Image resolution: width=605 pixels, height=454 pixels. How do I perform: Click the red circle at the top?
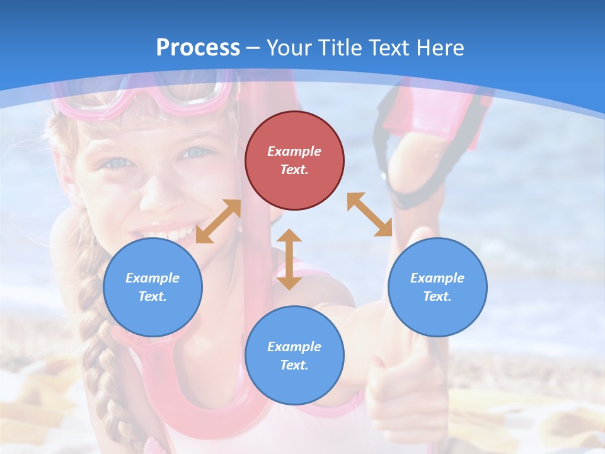[294, 160]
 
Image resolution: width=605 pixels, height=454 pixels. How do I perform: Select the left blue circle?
[153, 287]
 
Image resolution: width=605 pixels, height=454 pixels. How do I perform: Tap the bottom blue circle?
[294, 356]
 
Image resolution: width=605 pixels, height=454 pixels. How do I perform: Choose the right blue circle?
[437, 287]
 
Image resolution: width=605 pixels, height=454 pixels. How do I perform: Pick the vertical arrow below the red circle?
[289, 259]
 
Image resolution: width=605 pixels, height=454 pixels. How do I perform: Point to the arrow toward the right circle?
[369, 214]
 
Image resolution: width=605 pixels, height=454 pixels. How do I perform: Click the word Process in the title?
[198, 47]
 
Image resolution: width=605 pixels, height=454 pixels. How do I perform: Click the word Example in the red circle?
[294, 151]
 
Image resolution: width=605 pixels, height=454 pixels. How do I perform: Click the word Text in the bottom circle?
[293, 365]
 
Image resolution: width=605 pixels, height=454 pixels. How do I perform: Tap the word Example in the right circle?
[437, 278]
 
